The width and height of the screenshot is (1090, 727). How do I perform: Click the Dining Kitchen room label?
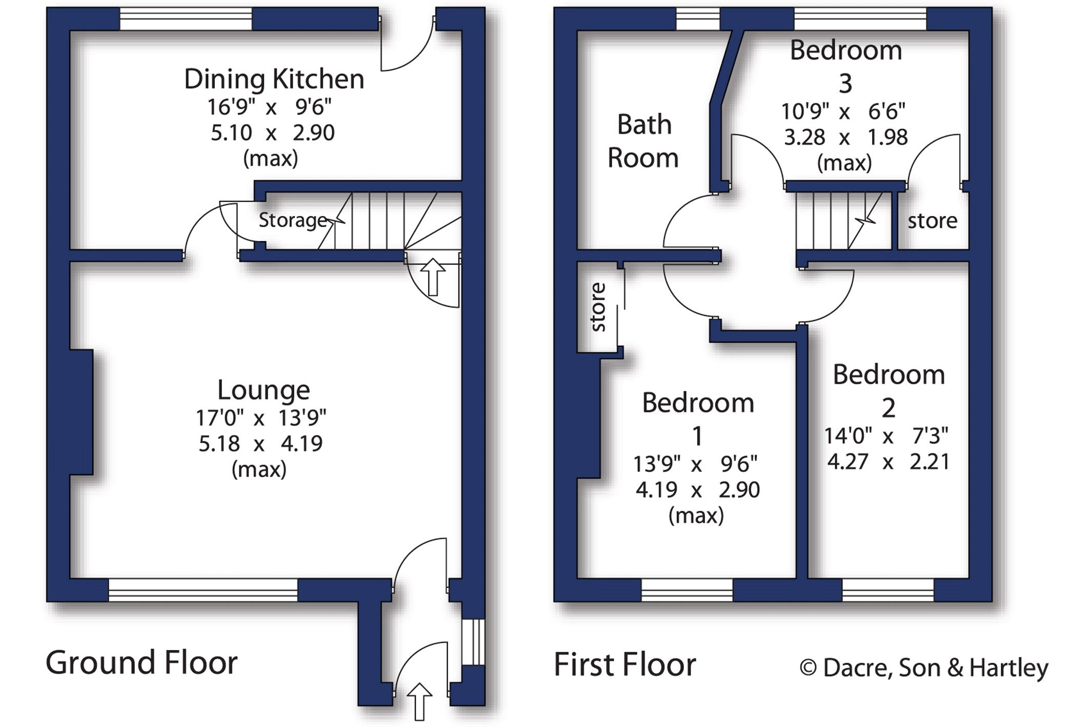point(274,80)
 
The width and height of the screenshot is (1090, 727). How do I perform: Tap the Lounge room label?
point(264,390)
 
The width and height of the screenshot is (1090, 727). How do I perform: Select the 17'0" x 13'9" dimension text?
point(261,418)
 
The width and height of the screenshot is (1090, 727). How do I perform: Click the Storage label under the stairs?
point(293,220)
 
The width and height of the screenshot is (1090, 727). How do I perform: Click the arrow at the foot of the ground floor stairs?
point(433,277)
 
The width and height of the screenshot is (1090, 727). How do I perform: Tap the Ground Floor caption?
point(142,662)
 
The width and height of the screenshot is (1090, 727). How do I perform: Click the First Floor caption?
point(624,665)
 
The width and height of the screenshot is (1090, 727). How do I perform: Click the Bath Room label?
point(643,141)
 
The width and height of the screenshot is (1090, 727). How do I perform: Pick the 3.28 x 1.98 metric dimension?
point(845,137)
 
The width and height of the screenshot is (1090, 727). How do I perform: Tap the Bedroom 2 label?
point(889,390)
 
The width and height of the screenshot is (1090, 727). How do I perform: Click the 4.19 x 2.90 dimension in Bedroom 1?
point(697,490)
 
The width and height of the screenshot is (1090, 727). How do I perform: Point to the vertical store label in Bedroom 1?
point(598,307)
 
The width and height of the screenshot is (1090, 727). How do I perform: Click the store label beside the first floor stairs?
point(932,221)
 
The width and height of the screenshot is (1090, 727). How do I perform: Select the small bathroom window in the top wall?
point(698,19)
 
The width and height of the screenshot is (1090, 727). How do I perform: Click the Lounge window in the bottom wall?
point(203,590)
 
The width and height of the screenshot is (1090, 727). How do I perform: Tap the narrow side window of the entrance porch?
point(473,642)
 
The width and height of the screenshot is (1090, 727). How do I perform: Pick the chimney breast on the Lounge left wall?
point(82,412)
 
